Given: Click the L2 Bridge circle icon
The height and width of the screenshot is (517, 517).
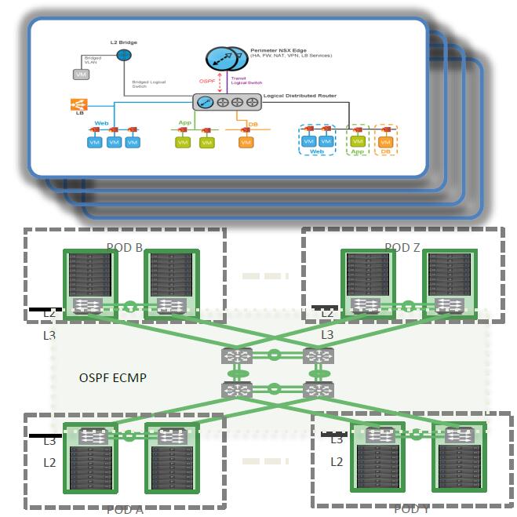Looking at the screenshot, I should tap(123, 55).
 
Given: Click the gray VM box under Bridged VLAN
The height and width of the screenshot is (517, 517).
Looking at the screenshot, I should tap(81, 74).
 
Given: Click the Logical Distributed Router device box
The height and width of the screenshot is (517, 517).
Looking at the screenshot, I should tap(228, 102).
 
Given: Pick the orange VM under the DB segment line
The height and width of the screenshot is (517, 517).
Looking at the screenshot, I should tap(246, 143).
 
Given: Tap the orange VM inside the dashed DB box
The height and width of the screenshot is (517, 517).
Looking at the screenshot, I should tap(385, 142).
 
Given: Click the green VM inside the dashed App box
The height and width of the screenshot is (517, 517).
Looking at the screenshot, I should tap(358, 142).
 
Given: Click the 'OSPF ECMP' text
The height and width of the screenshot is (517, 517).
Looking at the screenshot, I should tap(113, 377).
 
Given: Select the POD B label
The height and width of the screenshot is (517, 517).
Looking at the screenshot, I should tap(125, 248).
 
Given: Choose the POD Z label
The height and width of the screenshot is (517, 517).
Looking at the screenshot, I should tap(402, 248).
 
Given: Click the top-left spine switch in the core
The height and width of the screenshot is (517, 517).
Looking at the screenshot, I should tap(236, 355).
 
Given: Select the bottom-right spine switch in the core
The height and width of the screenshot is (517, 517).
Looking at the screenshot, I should tap(319, 389).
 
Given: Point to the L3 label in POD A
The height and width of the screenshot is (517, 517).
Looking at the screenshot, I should tap(50, 441).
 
